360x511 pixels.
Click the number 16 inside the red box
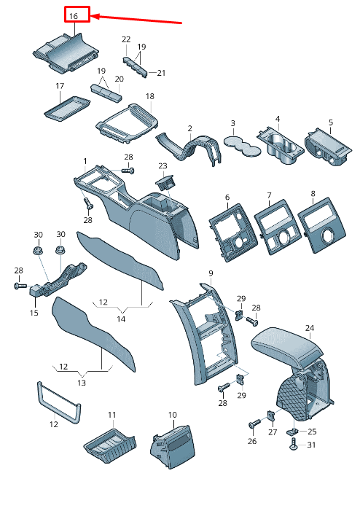point(74,15)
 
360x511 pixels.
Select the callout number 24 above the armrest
point(310,328)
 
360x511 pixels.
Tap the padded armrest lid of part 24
point(286,346)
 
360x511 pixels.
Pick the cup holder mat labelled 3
point(242,147)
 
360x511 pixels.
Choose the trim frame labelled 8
point(321,225)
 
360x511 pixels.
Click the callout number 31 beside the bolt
point(311,445)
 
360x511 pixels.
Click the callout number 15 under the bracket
point(34,313)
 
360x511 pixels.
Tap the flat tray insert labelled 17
point(67,109)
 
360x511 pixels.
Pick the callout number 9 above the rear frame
point(211,273)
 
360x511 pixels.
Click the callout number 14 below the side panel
point(121,319)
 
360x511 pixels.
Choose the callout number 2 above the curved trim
point(190,129)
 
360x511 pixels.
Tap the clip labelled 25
point(292,432)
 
